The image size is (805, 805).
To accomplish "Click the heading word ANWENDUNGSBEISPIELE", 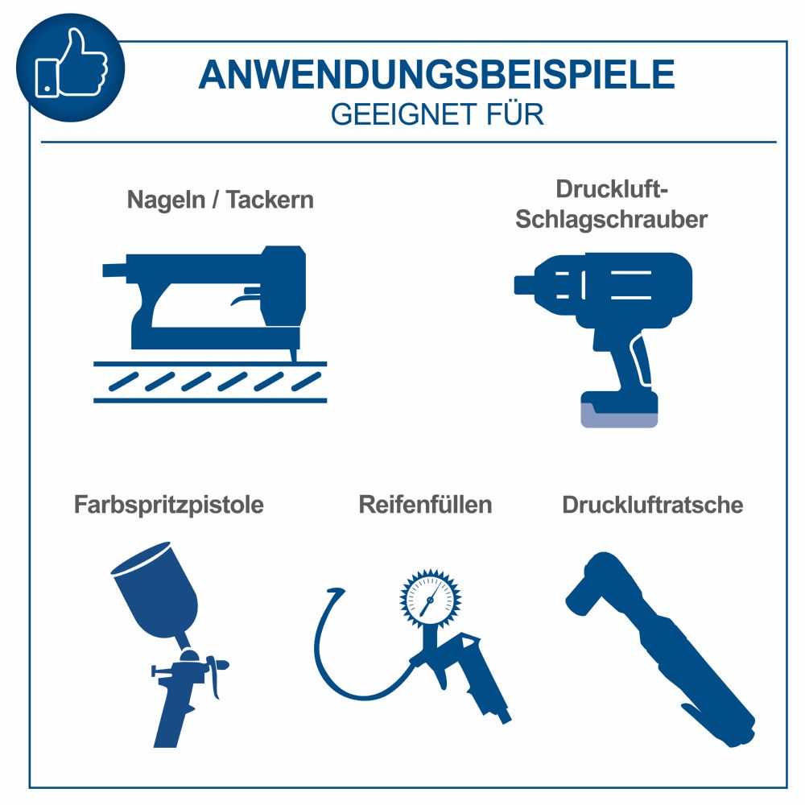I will click(436, 75).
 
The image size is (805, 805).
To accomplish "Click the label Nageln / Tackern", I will click(220, 200).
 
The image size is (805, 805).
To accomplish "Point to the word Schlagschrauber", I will click(611, 219).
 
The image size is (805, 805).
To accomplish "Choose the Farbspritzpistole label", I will click(169, 505).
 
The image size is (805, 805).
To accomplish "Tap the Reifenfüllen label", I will click(425, 505).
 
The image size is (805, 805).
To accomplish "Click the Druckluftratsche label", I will click(652, 505).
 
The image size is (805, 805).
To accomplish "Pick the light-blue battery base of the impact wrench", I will click(620, 415).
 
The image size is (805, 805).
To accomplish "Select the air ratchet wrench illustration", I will click(660, 644).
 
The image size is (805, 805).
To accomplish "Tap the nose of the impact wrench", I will click(527, 283).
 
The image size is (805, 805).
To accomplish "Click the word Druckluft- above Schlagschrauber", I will click(613, 190).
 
